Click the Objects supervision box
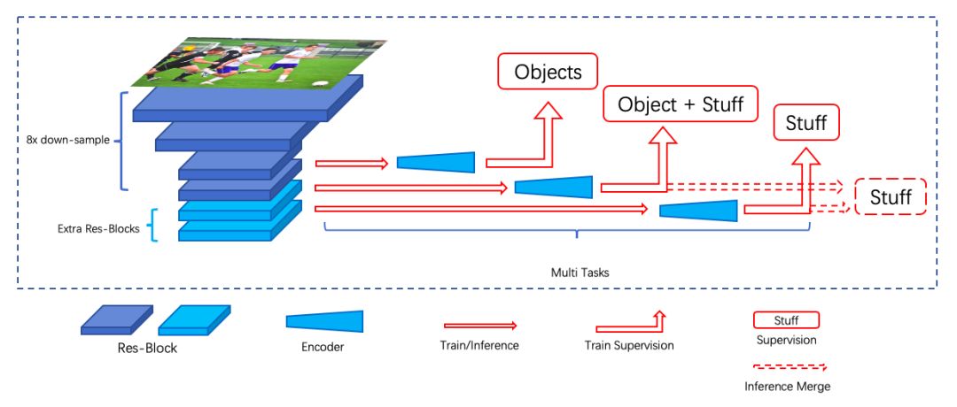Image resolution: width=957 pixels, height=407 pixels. point(548,72)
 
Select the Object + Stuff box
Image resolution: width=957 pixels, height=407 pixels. point(681,104)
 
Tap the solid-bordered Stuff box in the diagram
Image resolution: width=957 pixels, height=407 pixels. point(806,123)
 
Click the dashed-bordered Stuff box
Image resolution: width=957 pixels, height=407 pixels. point(891,197)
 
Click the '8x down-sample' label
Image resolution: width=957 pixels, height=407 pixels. point(67,140)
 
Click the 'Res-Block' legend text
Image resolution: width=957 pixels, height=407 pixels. point(147,348)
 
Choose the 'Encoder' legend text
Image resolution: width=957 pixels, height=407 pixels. point(323,347)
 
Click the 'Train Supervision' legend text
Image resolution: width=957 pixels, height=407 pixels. point(629,345)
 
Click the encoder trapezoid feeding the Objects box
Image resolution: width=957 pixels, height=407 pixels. point(436,162)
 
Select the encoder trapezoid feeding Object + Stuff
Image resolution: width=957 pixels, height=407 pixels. point(554,186)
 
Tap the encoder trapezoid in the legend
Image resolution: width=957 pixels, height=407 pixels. point(324,321)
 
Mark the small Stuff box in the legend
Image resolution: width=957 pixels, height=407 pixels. point(785,320)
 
